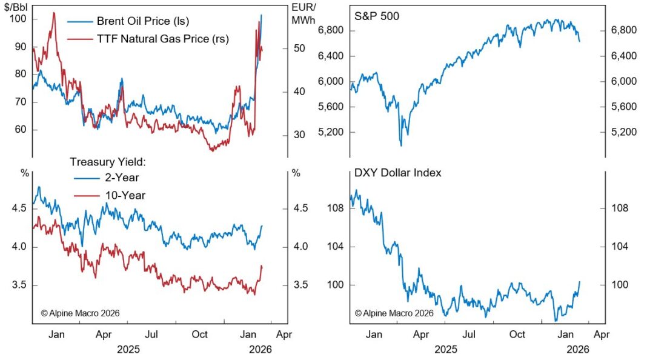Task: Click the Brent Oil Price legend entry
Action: [x=143, y=21]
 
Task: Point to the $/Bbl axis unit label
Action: [x=18, y=8]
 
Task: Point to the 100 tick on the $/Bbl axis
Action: [x=19, y=19]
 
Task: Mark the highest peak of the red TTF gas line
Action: [x=54, y=13]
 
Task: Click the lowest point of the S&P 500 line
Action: [x=401, y=145]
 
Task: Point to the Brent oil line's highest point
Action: [x=261, y=15]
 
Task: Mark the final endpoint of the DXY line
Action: [x=580, y=281]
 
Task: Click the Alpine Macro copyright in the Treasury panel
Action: [x=80, y=313]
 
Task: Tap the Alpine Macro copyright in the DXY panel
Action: [x=394, y=313]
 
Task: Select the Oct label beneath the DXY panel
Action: [x=517, y=335]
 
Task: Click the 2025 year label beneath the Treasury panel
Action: [x=128, y=350]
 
